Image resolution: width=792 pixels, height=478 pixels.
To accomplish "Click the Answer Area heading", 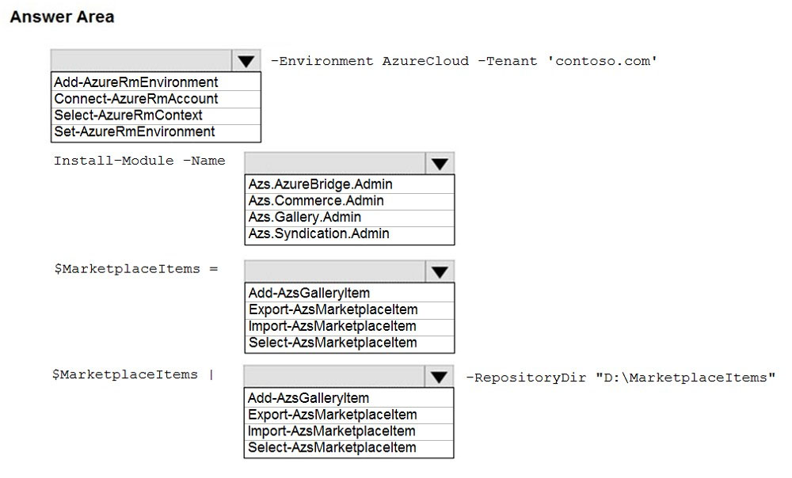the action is [x=62, y=17].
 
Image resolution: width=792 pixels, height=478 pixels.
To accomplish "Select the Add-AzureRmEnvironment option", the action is [x=136, y=82].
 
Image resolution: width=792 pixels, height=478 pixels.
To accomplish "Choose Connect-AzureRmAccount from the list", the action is [x=136, y=99].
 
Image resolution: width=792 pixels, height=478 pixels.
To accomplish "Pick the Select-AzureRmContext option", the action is [x=128, y=116].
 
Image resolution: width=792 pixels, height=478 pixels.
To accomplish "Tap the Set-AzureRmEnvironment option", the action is [x=135, y=131].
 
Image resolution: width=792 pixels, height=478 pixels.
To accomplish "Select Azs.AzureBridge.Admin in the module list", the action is [x=320, y=184].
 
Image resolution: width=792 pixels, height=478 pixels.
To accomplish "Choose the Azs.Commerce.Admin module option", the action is [x=316, y=201].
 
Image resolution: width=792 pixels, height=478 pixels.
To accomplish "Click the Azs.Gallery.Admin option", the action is [x=305, y=218].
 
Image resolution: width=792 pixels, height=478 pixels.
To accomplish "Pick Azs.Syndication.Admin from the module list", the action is [x=318, y=233].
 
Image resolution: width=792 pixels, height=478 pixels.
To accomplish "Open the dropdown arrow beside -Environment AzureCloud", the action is [x=246, y=61].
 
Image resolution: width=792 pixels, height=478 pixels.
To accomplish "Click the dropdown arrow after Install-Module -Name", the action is [x=440, y=164].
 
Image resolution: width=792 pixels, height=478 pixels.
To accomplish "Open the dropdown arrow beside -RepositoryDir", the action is [x=439, y=377].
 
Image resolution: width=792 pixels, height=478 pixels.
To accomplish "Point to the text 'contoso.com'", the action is [x=603, y=61].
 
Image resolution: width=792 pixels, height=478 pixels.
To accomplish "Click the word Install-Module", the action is [x=113, y=161].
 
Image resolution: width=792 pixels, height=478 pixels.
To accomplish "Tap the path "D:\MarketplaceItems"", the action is [x=685, y=377].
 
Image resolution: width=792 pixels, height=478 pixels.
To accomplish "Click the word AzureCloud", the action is [x=425, y=61].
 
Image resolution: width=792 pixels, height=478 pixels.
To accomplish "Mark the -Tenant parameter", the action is [x=508, y=61].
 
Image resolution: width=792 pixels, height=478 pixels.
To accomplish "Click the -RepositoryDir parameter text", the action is [x=526, y=377].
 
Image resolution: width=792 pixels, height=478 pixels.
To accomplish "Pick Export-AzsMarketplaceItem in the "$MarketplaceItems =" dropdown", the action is [x=333, y=309].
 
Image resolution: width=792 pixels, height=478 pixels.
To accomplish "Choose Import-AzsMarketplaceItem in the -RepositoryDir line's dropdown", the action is [x=331, y=431].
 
